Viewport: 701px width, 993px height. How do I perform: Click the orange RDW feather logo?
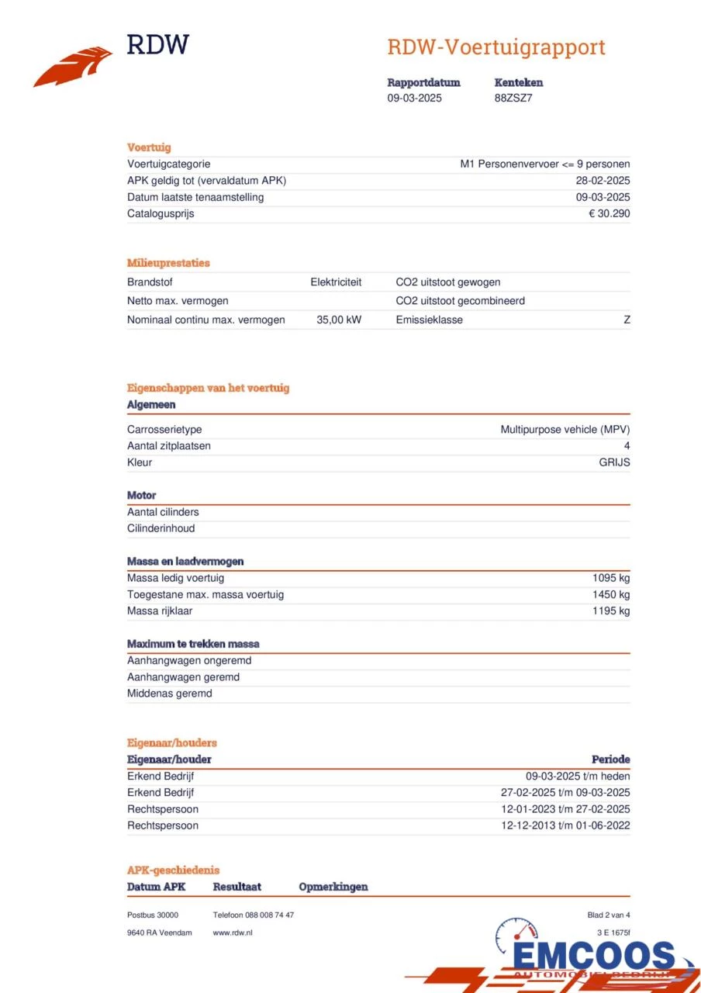[x=73, y=67]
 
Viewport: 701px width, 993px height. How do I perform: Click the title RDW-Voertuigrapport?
[x=496, y=47]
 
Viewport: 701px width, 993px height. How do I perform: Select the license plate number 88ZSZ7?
[x=513, y=98]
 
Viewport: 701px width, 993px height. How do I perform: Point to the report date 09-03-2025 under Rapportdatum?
[x=415, y=98]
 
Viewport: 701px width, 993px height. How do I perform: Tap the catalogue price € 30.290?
[x=609, y=213]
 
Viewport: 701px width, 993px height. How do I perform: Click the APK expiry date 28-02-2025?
[x=598, y=181]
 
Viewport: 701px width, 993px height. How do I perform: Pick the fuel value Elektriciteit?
[x=336, y=282]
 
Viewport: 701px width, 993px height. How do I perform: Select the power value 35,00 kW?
[x=339, y=320]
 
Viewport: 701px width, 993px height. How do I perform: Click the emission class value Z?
[x=627, y=320]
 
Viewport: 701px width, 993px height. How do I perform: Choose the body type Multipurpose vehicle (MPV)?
[x=565, y=429]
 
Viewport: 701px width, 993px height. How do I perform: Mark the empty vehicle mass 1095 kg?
[x=611, y=578]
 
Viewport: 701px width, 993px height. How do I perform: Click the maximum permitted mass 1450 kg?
[x=611, y=594]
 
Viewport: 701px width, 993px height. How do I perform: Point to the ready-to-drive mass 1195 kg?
[x=611, y=611]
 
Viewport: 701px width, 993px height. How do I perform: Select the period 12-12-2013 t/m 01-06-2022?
[x=565, y=825]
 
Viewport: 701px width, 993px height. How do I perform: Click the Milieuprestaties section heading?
[x=168, y=263]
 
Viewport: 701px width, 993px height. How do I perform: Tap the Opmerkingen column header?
[x=333, y=887]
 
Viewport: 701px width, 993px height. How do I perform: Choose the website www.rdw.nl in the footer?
[x=233, y=932]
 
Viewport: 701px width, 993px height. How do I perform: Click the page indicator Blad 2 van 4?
[x=609, y=915]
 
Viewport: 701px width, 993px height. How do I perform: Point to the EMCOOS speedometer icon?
[x=516, y=935]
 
